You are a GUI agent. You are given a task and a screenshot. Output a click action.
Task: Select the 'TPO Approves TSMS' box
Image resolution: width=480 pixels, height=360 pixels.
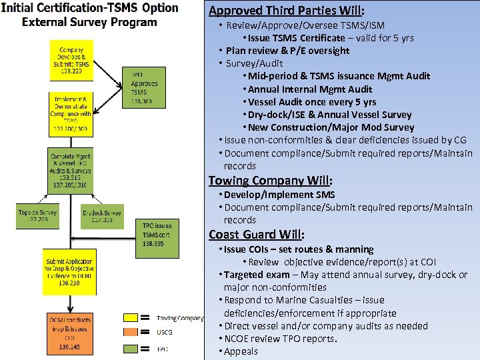point(141,87)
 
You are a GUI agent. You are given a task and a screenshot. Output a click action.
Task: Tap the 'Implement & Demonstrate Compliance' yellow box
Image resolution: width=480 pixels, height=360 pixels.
point(71,109)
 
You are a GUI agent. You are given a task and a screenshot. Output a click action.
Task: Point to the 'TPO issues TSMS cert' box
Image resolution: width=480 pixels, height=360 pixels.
point(157,237)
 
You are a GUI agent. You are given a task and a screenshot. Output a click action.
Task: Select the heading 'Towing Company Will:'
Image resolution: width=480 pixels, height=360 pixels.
point(270,181)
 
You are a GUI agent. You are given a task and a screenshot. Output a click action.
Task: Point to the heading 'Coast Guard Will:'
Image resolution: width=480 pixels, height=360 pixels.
point(257,235)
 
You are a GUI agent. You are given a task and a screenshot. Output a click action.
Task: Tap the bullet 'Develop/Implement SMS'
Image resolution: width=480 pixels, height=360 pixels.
point(279,195)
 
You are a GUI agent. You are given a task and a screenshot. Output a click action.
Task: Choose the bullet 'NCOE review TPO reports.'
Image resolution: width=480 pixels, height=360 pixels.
point(281,339)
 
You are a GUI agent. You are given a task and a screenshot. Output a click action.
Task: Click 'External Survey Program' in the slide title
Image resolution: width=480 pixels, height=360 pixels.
point(89,22)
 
